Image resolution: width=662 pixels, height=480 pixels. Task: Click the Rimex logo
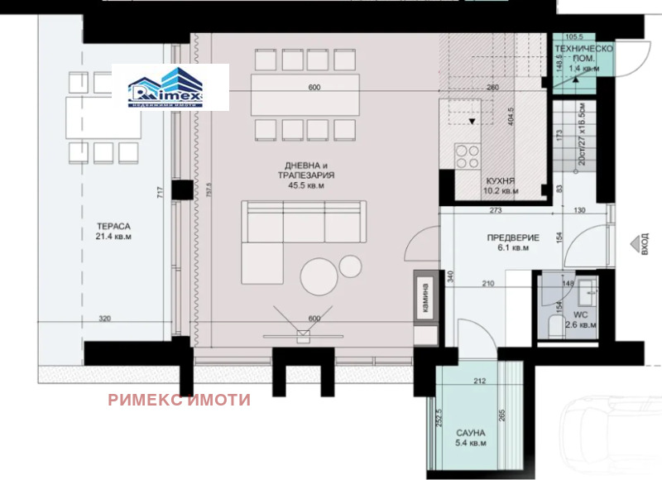tap(170, 87)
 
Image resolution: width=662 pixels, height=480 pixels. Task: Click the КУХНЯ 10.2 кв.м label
tap(501, 185)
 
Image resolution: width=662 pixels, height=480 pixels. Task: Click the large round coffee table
tap(320, 276)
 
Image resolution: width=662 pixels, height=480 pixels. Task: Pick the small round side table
tap(351, 265)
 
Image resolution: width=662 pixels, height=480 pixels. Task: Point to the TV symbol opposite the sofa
tap(301, 332)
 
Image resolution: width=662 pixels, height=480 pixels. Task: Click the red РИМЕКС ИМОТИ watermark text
tap(178, 399)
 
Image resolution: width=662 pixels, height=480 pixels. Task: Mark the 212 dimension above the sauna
tap(479, 382)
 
